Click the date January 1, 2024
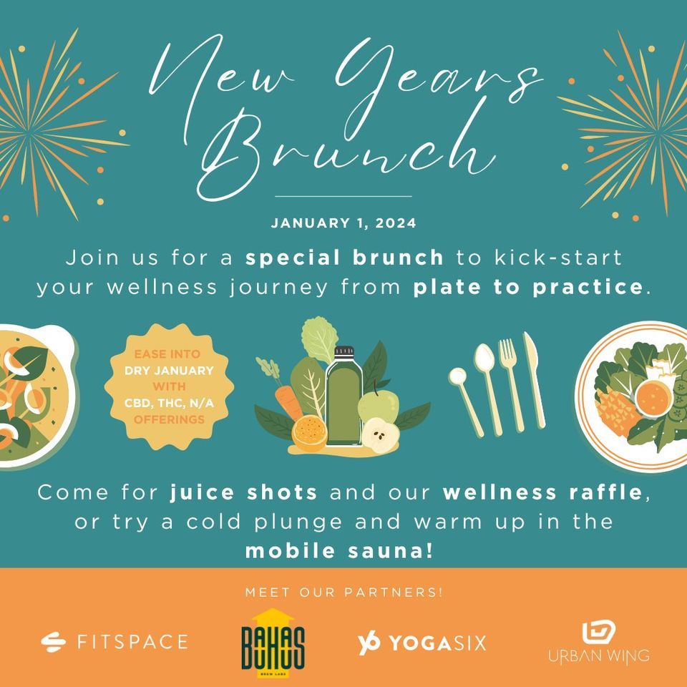point(343,223)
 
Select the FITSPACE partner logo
point(114,641)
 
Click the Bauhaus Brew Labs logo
point(273,640)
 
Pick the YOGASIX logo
point(422,642)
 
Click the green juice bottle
point(343,404)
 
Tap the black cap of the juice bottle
point(345,351)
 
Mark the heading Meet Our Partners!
point(343,593)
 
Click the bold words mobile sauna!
point(343,552)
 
